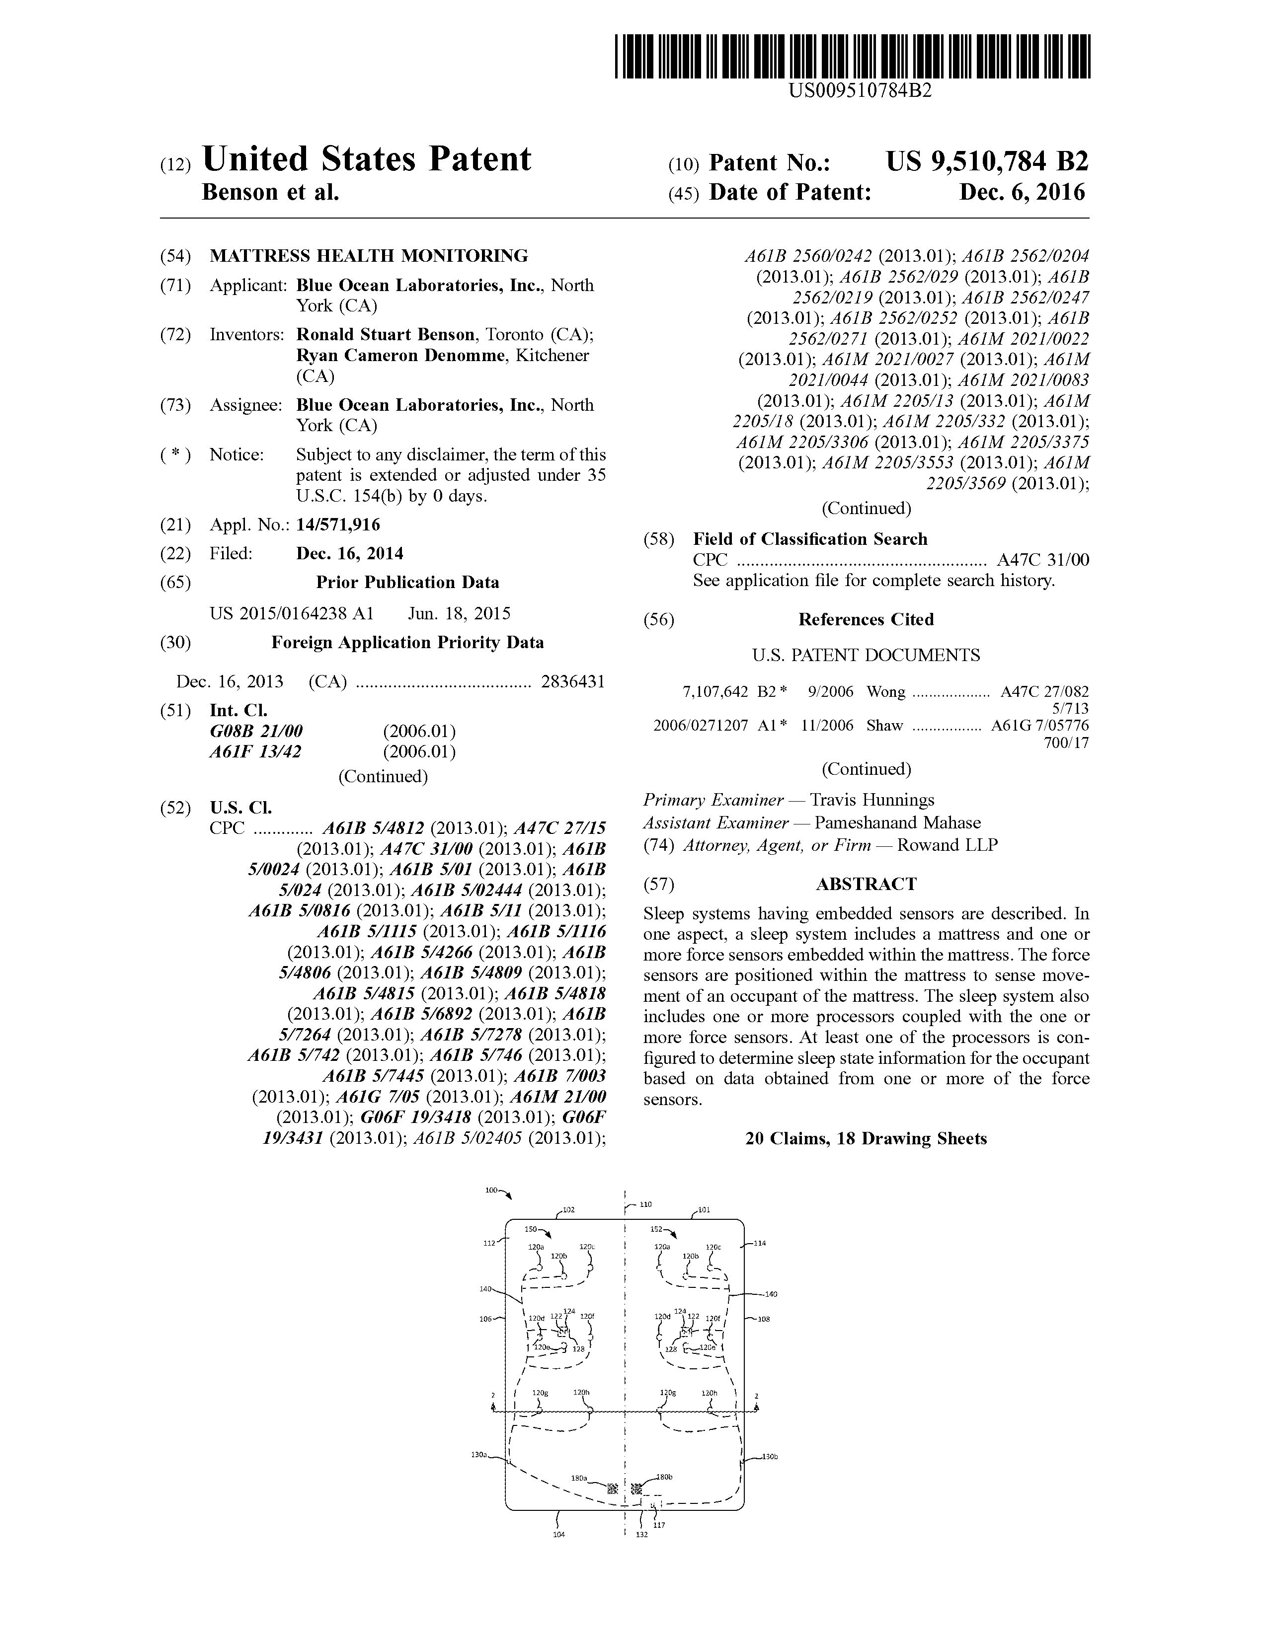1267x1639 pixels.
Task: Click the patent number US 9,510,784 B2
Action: (x=986, y=162)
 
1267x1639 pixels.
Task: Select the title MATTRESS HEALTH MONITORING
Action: (x=369, y=256)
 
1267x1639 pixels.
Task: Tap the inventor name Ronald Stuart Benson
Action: (x=386, y=335)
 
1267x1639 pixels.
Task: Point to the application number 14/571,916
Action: (x=338, y=524)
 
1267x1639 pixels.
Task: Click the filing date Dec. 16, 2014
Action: (x=350, y=554)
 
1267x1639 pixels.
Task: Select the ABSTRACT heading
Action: (x=866, y=884)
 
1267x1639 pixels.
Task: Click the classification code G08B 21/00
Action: (x=256, y=731)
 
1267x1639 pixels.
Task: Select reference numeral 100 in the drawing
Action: (x=491, y=1190)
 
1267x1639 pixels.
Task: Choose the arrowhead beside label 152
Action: (x=673, y=1235)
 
